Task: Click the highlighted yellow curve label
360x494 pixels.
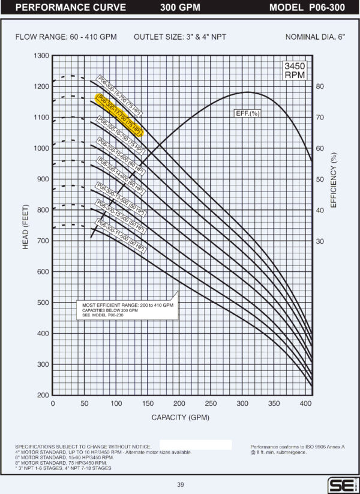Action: pos(120,115)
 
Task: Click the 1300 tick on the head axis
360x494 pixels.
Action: pos(41,56)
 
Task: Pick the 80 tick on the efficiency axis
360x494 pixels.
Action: pos(320,86)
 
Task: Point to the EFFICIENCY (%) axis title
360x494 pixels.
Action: pos(334,179)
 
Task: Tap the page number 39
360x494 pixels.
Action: pos(180,484)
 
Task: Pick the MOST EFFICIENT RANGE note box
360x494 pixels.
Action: pos(127,310)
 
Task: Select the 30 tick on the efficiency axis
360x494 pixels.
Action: pos(320,241)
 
